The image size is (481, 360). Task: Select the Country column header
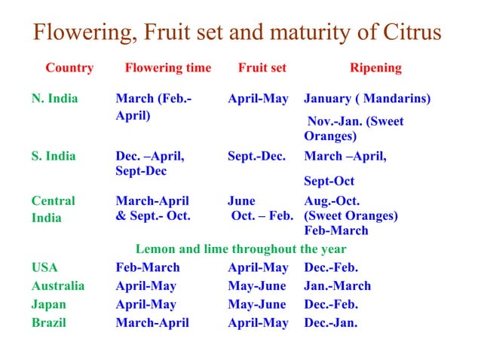[69, 68]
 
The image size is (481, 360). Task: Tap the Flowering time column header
[167, 68]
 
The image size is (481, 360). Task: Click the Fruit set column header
[262, 68]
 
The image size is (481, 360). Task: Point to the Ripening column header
[375, 68]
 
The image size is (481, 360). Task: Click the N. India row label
[54, 99]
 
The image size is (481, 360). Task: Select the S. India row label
[54, 157]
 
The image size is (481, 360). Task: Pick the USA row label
[44, 267]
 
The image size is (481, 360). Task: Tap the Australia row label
[58, 286]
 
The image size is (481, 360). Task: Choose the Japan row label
[48, 305]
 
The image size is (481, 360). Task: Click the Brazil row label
[48, 323]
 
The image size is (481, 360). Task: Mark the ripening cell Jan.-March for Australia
[337, 286]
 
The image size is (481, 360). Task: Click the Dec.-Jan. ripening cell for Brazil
[331, 323]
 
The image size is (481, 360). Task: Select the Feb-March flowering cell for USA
[148, 267]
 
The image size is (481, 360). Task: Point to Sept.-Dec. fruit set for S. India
[256, 157]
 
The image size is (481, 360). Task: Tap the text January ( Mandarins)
[367, 99]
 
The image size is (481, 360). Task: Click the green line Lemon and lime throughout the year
[240, 249]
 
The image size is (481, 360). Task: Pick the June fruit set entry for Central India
[241, 201]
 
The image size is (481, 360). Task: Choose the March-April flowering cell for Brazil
[152, 323]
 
